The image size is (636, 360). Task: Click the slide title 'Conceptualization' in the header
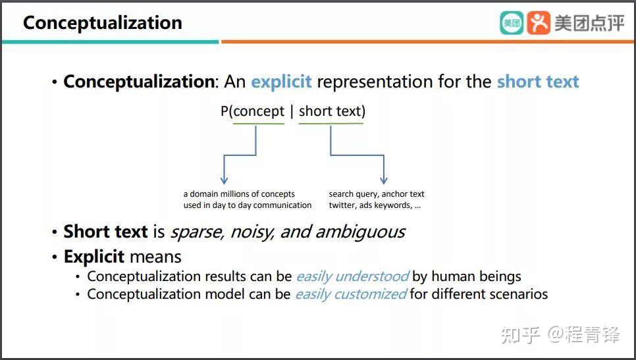(103, 23)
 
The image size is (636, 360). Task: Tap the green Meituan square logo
(512, 22)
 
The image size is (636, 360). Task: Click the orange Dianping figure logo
(539, 22)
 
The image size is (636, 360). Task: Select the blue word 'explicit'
(282, 82)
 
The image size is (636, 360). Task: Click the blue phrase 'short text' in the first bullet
(538, 82)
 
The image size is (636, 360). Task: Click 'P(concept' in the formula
(252, 111)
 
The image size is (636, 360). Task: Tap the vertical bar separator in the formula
(292, 112)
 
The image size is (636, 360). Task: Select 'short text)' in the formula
(332, 111)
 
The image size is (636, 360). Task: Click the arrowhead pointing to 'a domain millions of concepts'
(224, 180)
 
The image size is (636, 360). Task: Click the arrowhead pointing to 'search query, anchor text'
(384, 180)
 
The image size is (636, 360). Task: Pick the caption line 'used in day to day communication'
(248, 205)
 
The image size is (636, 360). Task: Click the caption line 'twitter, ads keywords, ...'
(375, 205)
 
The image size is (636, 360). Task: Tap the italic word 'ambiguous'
(359, 232)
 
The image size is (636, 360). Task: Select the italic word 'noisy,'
(253, 232)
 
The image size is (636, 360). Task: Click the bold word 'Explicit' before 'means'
(93, 257)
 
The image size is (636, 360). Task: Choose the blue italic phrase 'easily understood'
(352, 276)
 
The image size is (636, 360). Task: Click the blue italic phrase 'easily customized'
(351, 294)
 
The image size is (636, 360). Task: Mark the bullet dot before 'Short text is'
(55, 232)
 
